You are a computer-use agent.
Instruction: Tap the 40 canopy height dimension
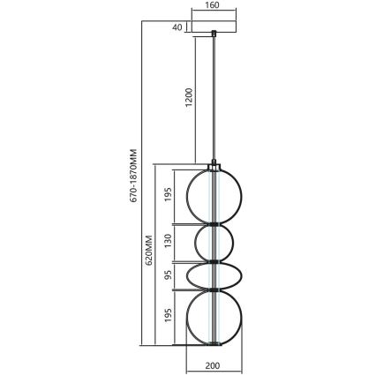click(x=177, y=27)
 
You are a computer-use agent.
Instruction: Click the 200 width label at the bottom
click(x=212, y=363)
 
